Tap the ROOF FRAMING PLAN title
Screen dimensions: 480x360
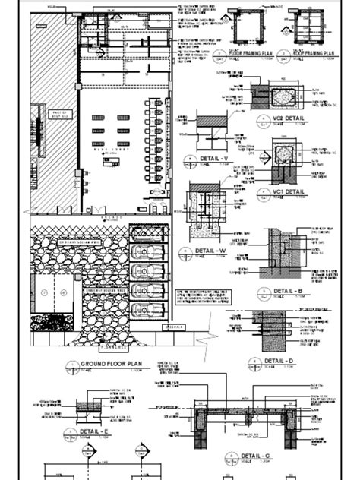coord(310,55)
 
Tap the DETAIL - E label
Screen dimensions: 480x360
coord(94,433)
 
